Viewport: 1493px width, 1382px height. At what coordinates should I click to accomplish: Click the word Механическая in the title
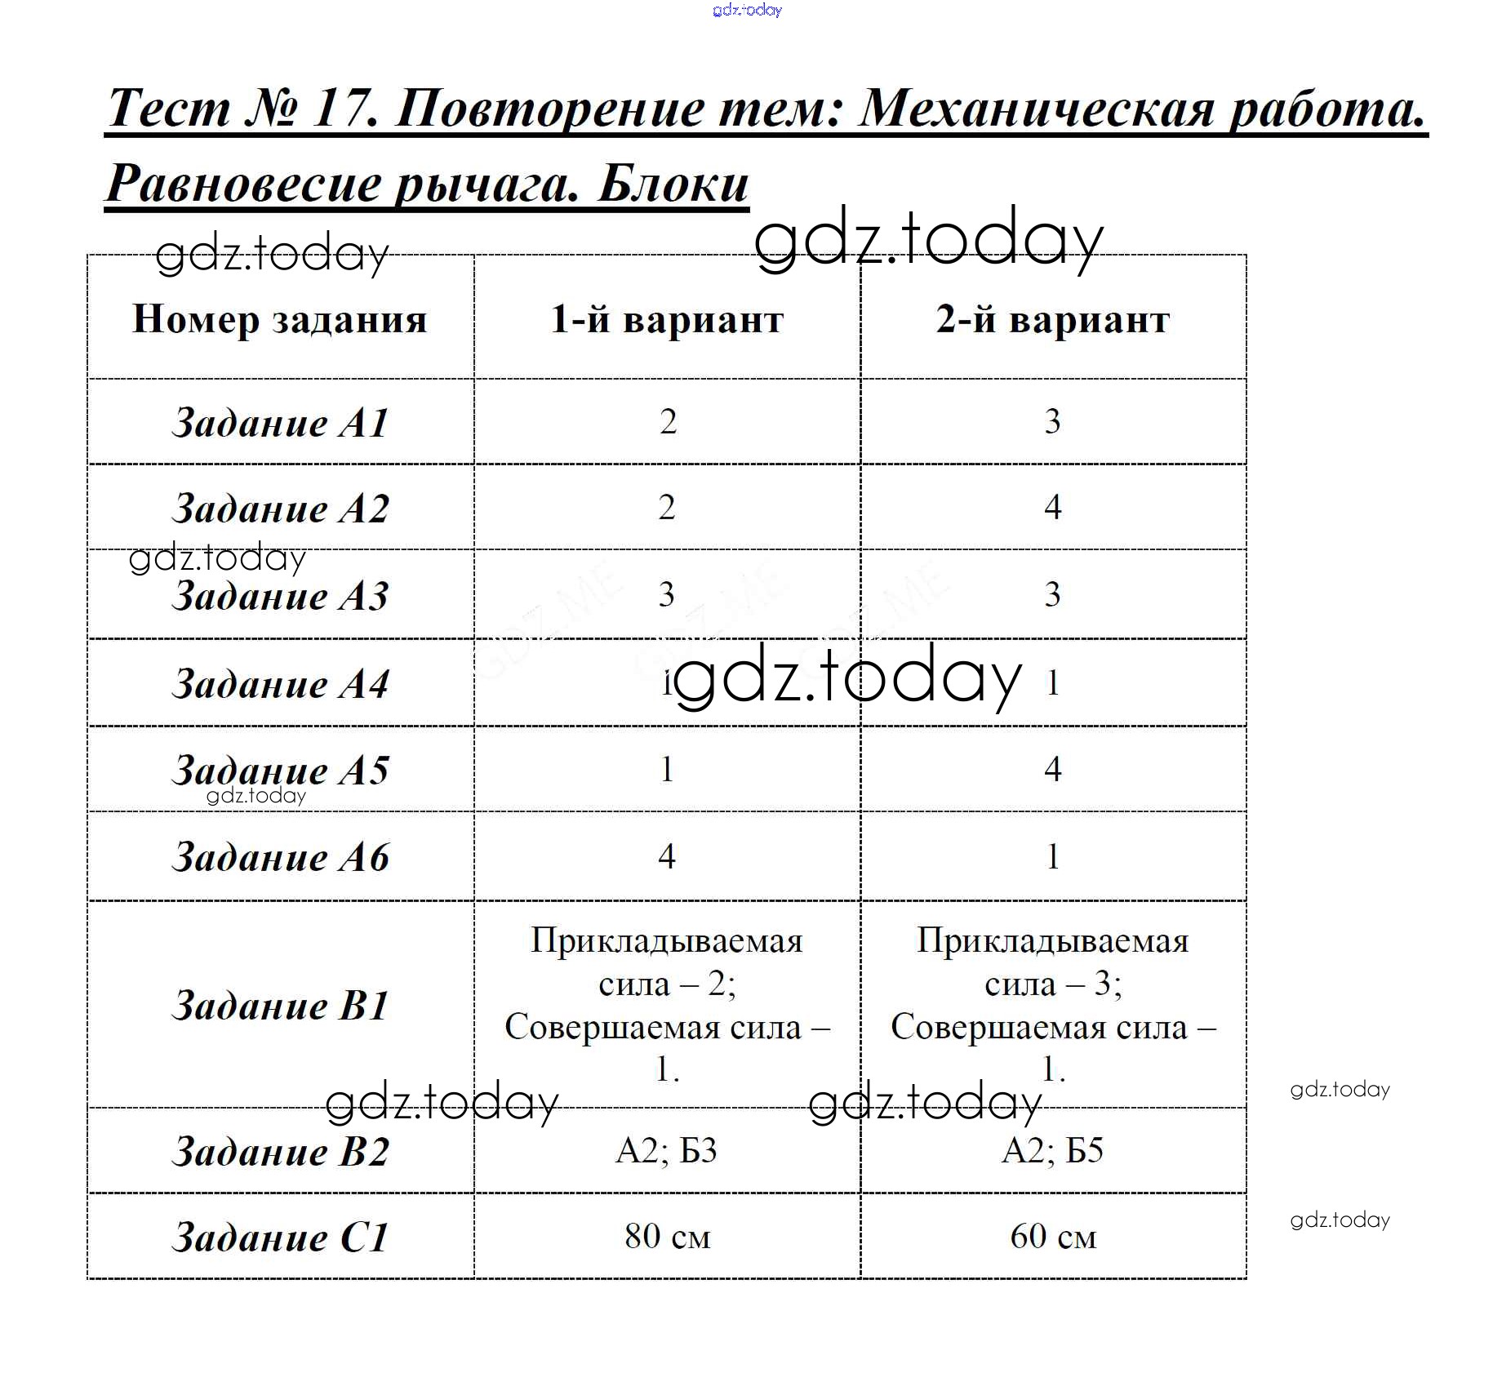pyautogui.click(x=1037, y=109)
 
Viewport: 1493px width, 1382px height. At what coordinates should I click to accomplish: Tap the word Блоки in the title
pyautogui.click(x=673, y=184)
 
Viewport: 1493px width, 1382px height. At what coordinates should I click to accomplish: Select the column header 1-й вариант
pyautogui.click(x=667, y=319)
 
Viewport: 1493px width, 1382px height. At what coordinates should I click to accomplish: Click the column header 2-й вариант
pyautogui.click(x=1053, y=319)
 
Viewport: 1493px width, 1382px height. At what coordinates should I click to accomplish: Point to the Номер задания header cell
pyautogui.click(x=280, y=319)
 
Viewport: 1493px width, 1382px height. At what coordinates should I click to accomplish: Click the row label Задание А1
pyautogui.click(x=280, y=423)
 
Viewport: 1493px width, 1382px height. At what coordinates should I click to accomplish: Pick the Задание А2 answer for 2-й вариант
pyautogui.click(x=1053, y=508)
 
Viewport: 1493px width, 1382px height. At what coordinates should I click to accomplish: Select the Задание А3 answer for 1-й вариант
pyautogui.click(x=667, y=594)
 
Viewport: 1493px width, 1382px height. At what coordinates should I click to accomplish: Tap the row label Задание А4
pyautogui.click(x=280, y=684)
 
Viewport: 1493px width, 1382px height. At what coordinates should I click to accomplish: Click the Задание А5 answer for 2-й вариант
pyautogui.click(x=1053, y=769)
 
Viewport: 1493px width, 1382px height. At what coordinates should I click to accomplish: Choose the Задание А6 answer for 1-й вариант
pyautogui.click(x=667, y=856)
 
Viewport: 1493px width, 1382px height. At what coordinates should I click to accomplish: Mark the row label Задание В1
pyautogui.click(x=280, y=1005)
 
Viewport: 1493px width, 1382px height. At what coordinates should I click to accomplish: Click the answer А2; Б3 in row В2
pyautogui.click(x=667, y=1151)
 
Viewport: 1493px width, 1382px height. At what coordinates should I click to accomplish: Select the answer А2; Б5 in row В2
pyautogui.click(x=1053, y=1151)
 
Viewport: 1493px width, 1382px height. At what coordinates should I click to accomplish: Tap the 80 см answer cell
pyautogui.click(x=667, y=1237)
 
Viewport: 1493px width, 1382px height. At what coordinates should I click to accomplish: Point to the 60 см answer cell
pyautogui.click(x=1053, y=1237)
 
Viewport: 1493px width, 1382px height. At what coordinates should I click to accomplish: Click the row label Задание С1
pyautogui.click(x=280, y=1238)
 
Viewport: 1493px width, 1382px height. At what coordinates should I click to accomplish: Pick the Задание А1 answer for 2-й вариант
pyautogui.click(x=1053, y=422)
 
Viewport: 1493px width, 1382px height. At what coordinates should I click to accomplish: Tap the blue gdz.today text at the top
pyautogui.click(x=747, y=10)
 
